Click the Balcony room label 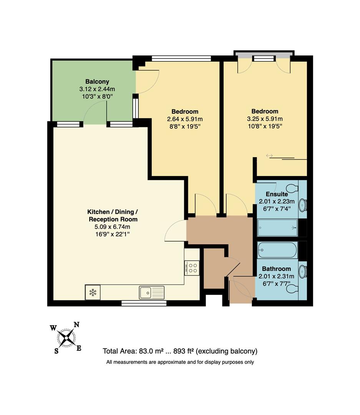(x=97, y=81)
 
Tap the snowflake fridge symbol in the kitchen (x=92, y=292)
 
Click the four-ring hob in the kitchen (x=192, y=267)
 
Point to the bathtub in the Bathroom (x=277, y=250)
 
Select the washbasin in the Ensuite (x=303, y=204)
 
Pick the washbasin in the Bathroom (x=303, y=271)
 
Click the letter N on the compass (x=76, y=324)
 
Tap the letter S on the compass (x=56, y=350)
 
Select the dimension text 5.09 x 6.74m (x=112, y=227)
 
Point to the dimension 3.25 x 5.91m (x=265, y=119)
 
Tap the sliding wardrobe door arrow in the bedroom (x=269, y=156)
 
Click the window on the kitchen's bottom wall (x=144, y=303)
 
